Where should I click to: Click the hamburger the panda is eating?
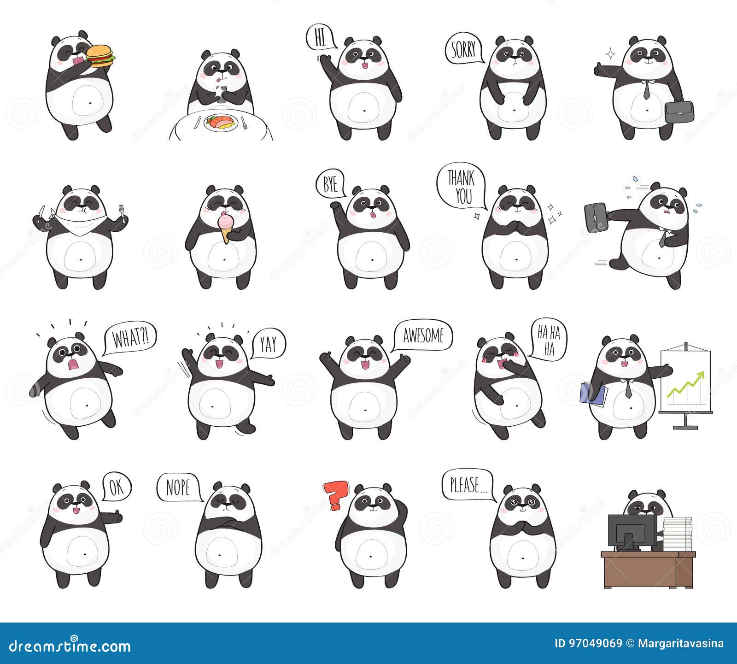pyautogui.click(x=100, y=56)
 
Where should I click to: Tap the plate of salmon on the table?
pyautogui.click(x=220, y=123)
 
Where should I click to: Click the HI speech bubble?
pyautogui.click(x=320, y=37)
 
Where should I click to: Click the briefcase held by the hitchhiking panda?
pyautogui.click(x=679, y=112)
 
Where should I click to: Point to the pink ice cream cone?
pyautogui.click(x=225, y=226)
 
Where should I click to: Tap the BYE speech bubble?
pyautogui.click(x=330, y=184)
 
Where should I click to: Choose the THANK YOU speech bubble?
pyautogui.click(x=461, y=187)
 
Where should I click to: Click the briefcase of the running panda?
pyautogui.click(x=595, y=217)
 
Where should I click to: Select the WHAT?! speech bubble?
pyautogui.click(x=129, y=338)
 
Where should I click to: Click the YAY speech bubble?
pyautogui.click(x=268, y=344)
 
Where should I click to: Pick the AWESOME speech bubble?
pyautogui.click(x=423, y=335)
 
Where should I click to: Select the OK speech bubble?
pyautogui.click(x=117, y=487)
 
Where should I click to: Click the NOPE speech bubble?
pyautogui.click(x=178, y=487)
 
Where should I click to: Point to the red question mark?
pyautogui.click(x=335, y=494)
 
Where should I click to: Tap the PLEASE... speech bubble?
pyautogui.click(x=466, y=485)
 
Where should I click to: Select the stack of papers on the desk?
pyautogui.click(x=677, y=534)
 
